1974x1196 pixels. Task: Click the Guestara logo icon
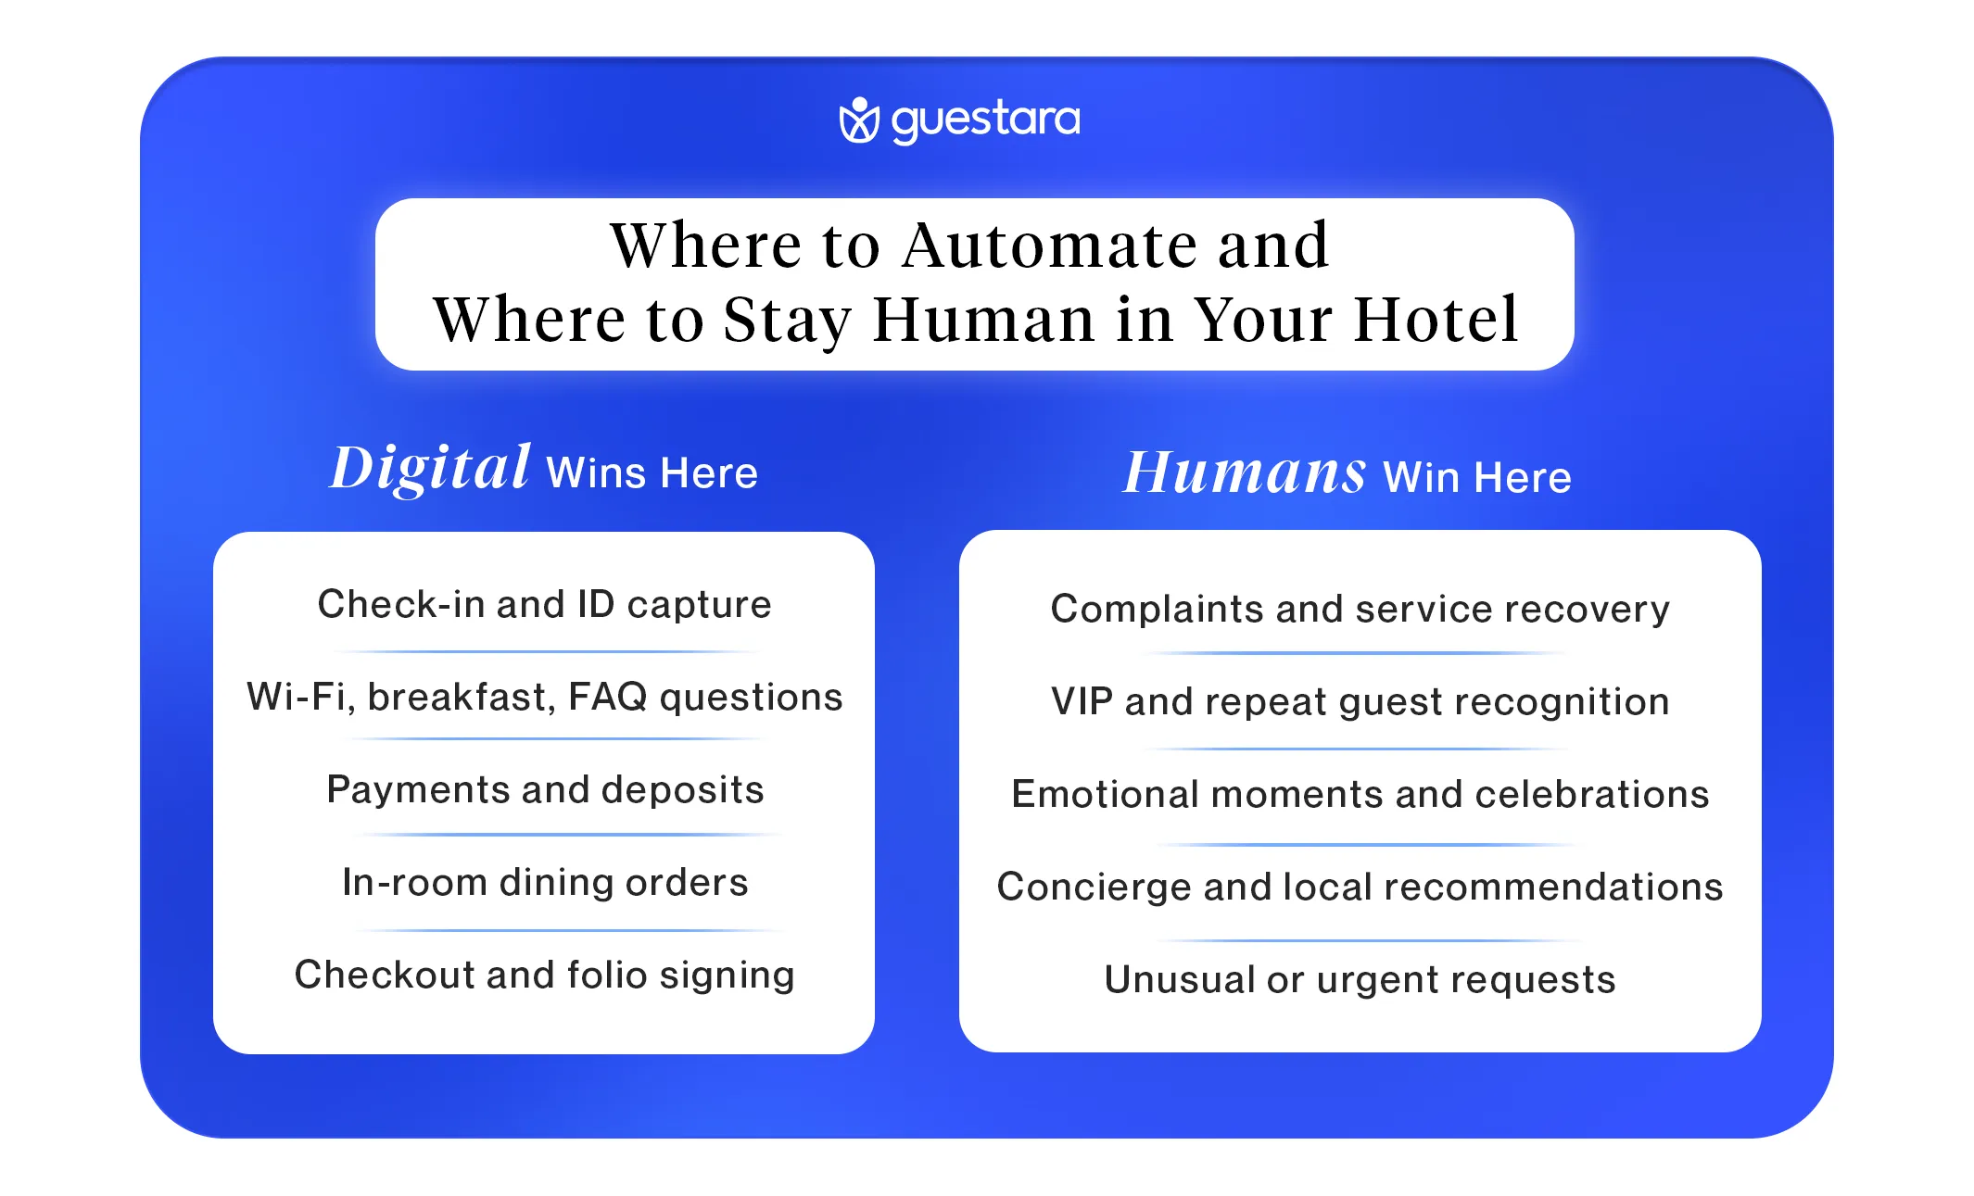click(x=858, y=120)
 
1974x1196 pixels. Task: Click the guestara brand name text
click(x=985, y=120)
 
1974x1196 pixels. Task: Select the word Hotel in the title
click(x=1436, y=320)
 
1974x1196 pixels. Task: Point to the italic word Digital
click(x=430, y=468)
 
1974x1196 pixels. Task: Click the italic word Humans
click(x=1244, y=472)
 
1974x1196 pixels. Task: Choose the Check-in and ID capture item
click(x=544, y=604)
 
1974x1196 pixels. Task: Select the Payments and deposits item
click(x=545, y=789)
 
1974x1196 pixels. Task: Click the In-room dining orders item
click(x=545, y=882)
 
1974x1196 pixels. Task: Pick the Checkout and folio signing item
click(x=544, y=975)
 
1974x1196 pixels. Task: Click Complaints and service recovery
click(x=1360, y=609)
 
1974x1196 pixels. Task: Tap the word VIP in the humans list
click(x=1082, y=701)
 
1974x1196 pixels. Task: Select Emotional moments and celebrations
click(x=1360, y=794)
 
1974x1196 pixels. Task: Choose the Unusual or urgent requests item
click(x=1360, y=979)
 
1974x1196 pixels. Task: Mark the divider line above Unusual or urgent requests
click(x=1370, y=940)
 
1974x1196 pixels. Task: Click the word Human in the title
click(x=984, y=320)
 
